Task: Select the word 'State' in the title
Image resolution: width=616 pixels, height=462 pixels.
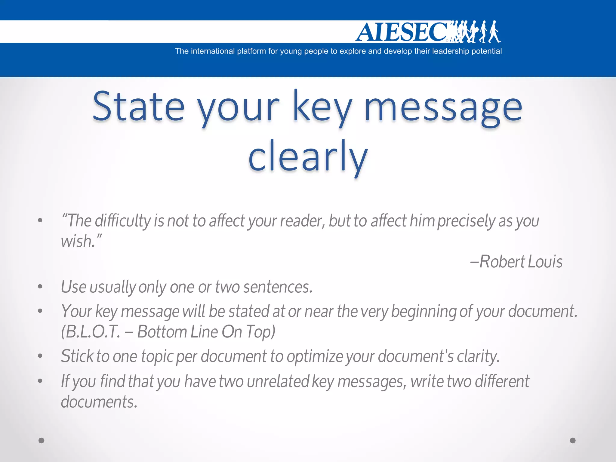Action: [138, 107]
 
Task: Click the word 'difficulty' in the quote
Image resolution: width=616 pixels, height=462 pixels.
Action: [123, 221]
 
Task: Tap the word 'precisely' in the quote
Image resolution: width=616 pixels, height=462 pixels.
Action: [467, 221]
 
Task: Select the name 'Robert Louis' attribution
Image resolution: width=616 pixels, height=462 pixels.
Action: [520, 262]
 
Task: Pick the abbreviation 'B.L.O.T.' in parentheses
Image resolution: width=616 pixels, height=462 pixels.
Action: [91, 332]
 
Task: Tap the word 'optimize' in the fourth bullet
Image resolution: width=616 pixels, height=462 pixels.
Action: [315, 357]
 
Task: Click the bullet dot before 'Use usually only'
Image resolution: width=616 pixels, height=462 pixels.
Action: [40, 287]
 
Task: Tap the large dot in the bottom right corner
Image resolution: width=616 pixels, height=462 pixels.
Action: [573, 441]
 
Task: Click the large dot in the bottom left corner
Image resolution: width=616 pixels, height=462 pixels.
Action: [42, 441]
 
